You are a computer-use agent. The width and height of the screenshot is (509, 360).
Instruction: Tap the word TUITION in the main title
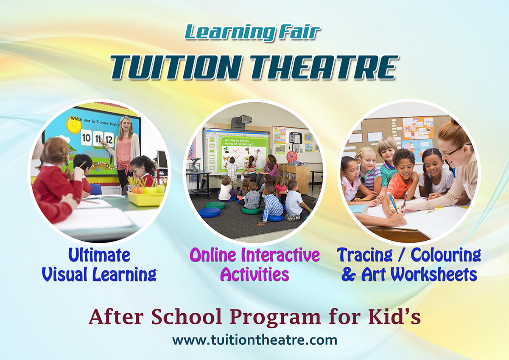(x=175, y=67)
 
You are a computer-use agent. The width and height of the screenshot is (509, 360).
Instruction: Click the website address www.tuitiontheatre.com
(x=255, y=340)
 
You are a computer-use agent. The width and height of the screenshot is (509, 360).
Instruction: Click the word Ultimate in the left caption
(x=99, y=255)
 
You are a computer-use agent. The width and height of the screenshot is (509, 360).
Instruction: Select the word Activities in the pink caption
(x=255, y=274)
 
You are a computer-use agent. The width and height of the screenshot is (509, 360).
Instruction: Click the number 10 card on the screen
(x=86, y=138)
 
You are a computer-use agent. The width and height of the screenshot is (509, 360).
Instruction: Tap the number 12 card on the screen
(x=109, y=139)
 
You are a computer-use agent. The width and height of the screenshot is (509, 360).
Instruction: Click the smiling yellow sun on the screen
(x=74, y=126)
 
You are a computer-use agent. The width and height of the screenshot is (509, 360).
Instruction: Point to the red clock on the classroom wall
(x=292, y=157)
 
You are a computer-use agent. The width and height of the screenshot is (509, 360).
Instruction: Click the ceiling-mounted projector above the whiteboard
(x=242, y=122)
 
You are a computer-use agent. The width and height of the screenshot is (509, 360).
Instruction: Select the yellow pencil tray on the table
(x=145, y=199)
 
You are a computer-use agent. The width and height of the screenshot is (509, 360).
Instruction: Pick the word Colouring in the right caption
(x=446, y=256)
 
